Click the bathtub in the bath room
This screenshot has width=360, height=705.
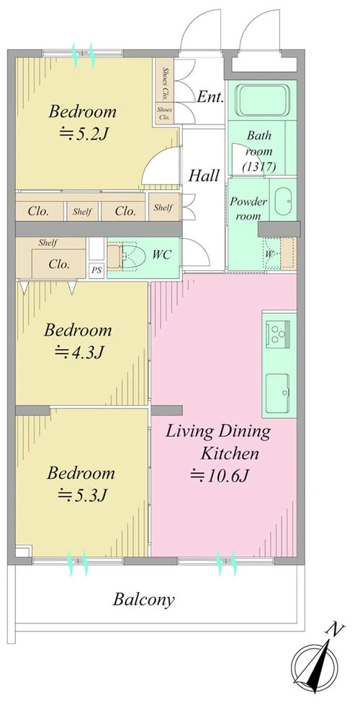tap(261, 100)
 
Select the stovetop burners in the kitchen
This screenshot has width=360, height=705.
tap(276, 332)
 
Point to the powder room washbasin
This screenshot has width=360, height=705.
tap(283, 199)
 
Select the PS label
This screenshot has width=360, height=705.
tap(96, 271)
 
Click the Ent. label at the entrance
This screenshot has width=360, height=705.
tap(210, 96)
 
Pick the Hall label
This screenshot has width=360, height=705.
tap(204, 176)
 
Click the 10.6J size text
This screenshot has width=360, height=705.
tap(220, 475)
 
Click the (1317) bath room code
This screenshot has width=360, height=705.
tap(259, 166)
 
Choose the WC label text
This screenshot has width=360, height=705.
tap(161, 255)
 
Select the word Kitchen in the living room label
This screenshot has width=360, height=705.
tap(230, 453)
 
